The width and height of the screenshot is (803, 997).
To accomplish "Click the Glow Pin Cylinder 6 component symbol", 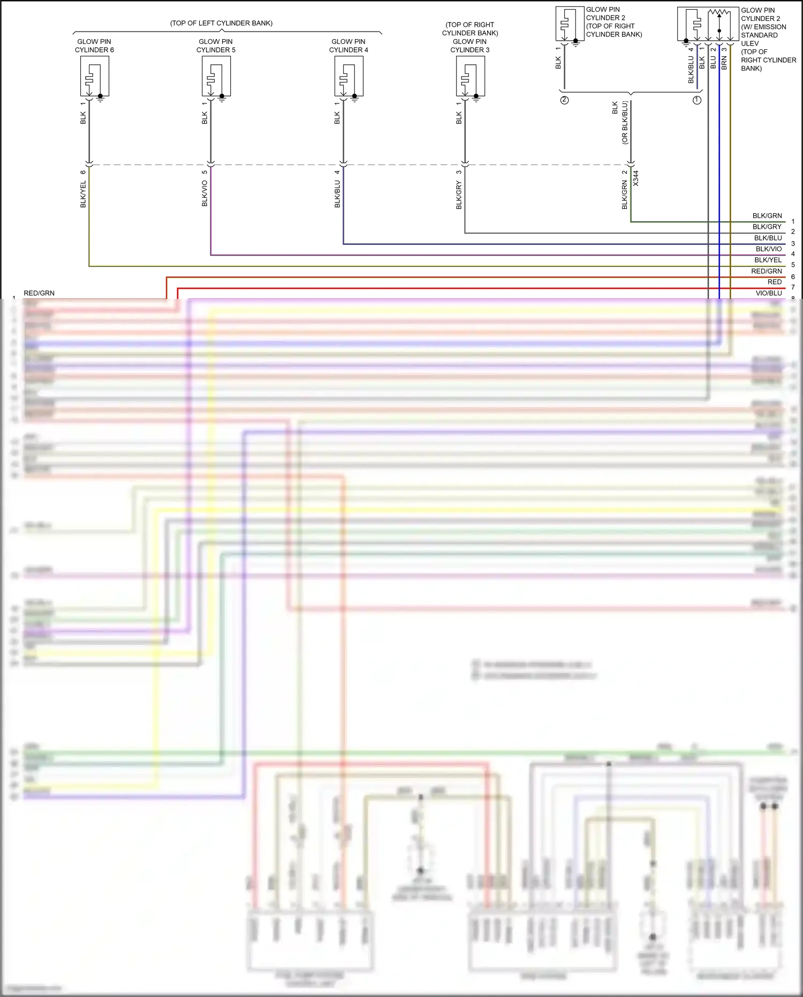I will click(95, 76).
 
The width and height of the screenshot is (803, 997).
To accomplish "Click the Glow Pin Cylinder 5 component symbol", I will click(216, 76).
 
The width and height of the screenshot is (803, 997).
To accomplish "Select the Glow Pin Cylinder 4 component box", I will click(349, 76).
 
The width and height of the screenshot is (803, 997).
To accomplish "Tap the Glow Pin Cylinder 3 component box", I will click(471, 76).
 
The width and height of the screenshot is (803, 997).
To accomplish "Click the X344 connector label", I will click(636, 178).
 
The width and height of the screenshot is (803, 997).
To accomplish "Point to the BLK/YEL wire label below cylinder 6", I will click(83, 194).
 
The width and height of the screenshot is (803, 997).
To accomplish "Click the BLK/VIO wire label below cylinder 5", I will click(204, 193).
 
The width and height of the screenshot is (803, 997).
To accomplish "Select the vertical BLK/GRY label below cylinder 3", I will click(459, 195).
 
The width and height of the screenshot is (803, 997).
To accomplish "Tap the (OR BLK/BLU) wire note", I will click(625, 123).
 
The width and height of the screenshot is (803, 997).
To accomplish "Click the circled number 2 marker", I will click(564, 100).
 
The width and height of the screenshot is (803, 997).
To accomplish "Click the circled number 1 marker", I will click(697, 100).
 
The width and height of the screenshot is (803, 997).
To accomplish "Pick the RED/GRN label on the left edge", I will click(39, 293).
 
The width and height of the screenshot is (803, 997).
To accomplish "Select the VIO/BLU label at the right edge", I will click(769, 293).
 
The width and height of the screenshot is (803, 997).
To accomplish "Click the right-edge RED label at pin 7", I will click(774, 282).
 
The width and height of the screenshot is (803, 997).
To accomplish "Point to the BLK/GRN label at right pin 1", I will click(767, 216).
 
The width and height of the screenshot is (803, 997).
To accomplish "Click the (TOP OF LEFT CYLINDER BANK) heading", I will click(221, 23).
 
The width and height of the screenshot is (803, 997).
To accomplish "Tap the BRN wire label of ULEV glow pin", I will click(724, 63).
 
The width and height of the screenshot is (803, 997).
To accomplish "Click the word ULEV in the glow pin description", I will click(749, 43).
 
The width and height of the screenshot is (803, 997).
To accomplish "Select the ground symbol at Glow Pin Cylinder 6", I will click(101, 99).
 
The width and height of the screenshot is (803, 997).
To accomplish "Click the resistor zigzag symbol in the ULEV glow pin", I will click(719, 12).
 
